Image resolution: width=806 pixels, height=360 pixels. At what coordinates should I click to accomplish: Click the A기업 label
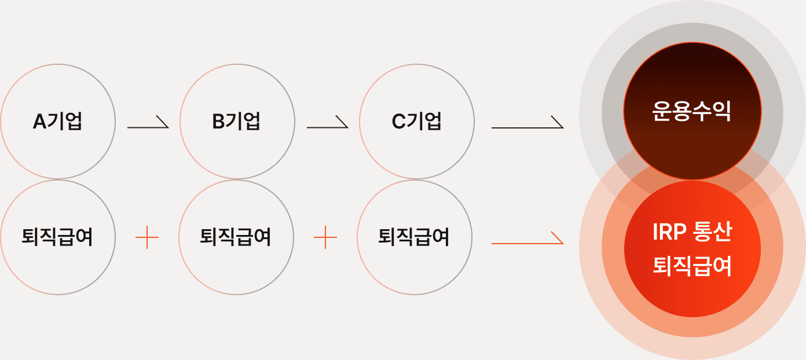(57, 121)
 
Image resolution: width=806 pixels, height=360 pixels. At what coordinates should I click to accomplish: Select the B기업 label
(236, 121)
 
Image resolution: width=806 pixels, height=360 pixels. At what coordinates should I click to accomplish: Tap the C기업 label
(416, 121)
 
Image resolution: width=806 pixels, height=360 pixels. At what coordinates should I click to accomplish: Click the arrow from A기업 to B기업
(148, 122)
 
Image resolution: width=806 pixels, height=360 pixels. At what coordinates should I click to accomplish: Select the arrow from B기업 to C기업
(328, 122)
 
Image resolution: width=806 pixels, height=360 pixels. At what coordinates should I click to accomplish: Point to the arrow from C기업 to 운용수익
(527, 122)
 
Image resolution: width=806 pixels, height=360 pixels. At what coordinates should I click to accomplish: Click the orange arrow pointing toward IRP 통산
(527, 238)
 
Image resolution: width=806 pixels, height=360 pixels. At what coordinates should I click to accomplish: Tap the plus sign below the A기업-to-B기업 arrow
(147, 237)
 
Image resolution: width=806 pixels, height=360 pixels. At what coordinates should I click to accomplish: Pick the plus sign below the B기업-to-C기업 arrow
(325, 237)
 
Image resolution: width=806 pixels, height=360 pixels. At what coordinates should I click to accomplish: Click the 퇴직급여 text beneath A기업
(57, 237)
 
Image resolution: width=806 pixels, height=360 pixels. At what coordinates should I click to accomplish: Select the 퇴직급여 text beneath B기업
(236, 237)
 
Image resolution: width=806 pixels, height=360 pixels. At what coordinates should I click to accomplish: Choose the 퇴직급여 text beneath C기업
(414, 237)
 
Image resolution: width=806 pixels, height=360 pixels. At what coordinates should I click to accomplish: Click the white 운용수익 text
(692, 111)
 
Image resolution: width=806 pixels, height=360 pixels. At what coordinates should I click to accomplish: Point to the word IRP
(669, 232)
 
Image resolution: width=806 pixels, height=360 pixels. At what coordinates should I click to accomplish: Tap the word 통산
(714, 232)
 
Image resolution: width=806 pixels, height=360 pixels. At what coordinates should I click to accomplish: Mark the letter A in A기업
(39, 122)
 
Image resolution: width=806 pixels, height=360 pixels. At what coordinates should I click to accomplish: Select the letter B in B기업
(218, 122)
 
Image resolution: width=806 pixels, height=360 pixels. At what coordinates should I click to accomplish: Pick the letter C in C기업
(399, 122)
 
